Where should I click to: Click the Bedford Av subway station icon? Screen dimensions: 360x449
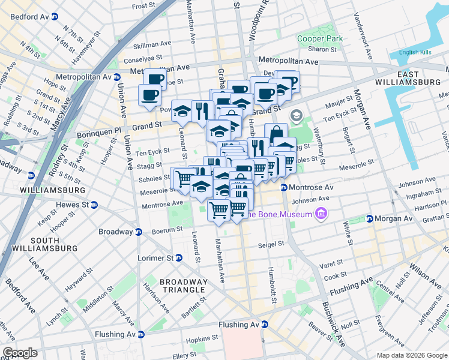pyautogui.click(x=55, y=16)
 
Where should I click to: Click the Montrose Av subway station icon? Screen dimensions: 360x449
pyautogui.click(x=283, y=188)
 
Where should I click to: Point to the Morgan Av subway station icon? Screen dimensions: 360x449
pyautogui.click(x=370, y=218)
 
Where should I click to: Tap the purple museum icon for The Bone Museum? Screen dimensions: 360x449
pyautogui.click(x=321, y=214)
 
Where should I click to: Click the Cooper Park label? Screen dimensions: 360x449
pyautogui.click(x=320, y=38)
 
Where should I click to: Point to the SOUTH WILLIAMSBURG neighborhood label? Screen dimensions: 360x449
pyautogui.click(x=46, y=244)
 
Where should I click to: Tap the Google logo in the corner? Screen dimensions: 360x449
pyautogui.click(x=20, y=353)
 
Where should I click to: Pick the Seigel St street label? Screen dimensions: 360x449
pyautogui.click(x=271, y=244)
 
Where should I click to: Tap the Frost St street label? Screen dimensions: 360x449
pyautogui.click(x=143, y=6)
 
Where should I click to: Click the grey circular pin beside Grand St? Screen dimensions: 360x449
pyautogui.click(x=296, y=115)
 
